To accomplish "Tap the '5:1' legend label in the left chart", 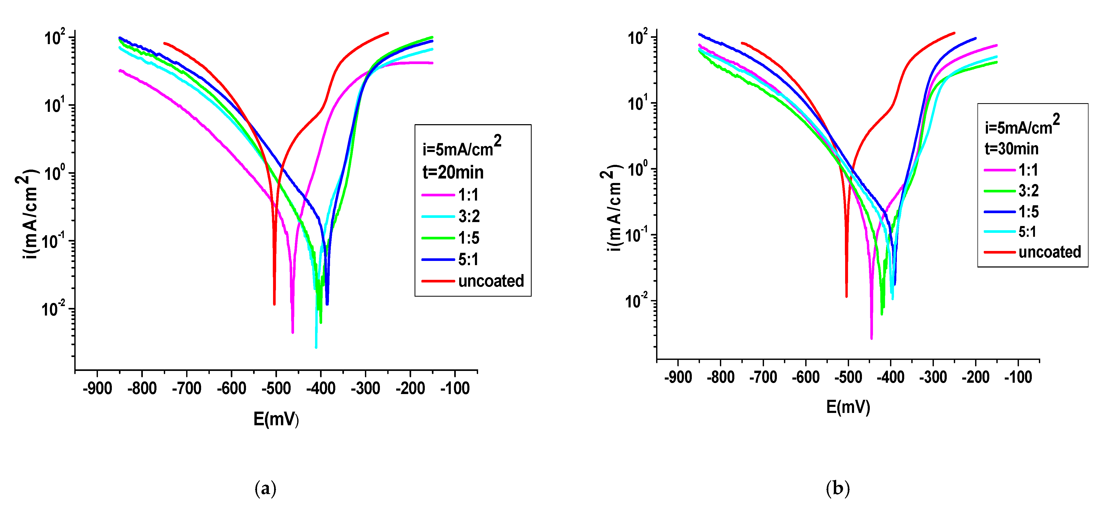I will [468, 259].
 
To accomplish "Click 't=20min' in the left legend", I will [453, 172].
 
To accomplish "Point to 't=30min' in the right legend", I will [1011, 149].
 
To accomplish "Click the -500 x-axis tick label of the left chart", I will [276, 389].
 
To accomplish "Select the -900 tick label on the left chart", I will [97, 389].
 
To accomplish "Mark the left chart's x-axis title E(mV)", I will [276, 419].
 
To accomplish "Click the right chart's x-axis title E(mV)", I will [848, 407].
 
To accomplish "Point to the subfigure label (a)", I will [265, 489].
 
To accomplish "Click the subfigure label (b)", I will [838, 489].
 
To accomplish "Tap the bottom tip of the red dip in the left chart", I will [274, 304].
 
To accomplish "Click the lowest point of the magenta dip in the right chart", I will [871, 338].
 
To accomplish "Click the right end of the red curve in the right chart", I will [954, 33].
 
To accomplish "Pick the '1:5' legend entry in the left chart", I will [468, 238].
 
